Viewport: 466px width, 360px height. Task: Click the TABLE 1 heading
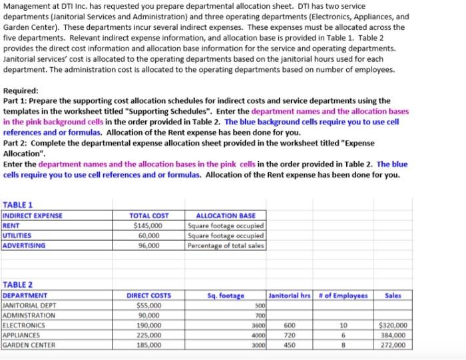coord(18,205)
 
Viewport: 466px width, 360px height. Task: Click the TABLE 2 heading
coord(18,285)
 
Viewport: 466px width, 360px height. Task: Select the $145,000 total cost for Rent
coord(148,226)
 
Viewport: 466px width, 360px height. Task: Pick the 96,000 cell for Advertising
coord(148,246)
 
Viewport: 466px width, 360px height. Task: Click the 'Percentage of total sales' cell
coord(226,246)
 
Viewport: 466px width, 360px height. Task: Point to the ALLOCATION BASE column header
coord(226,216)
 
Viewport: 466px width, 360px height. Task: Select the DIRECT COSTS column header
coord(148,295)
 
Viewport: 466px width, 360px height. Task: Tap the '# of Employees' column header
coord(344,295)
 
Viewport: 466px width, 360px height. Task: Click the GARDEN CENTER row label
coord(29,345)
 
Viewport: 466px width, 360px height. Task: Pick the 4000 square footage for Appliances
coord(255,335)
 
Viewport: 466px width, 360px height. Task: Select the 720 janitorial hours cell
coord(288,335)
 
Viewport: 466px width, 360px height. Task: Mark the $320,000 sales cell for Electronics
coord(392,325)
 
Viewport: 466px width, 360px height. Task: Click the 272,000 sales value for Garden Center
coord(393,345)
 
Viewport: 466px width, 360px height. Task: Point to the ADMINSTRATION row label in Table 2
coord(30,315)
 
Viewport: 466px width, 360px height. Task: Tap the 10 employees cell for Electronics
coord(344,325)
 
